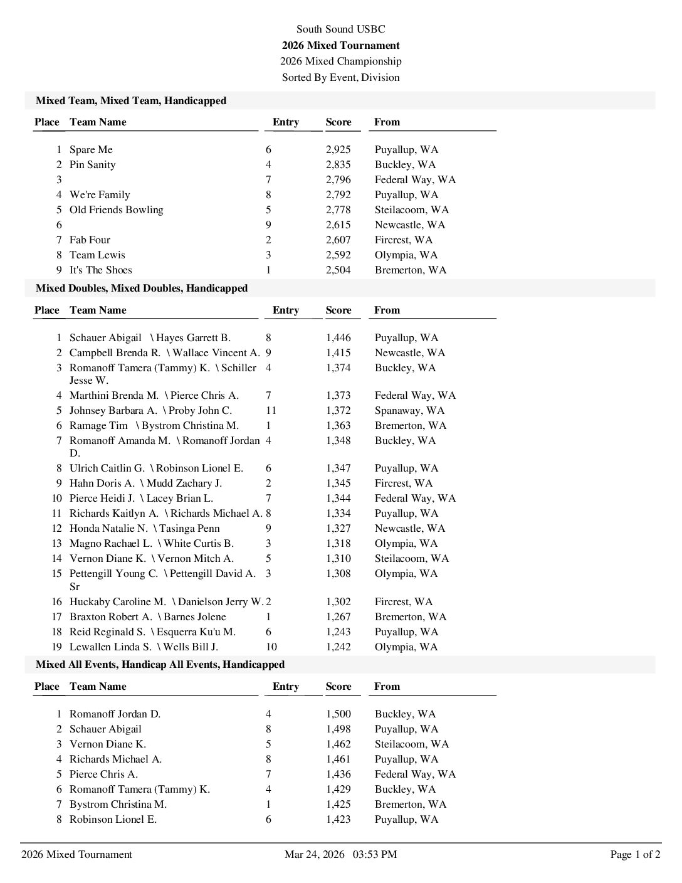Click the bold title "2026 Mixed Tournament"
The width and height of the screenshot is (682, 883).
(x=340, y=45)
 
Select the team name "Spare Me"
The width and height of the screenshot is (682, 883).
(x=91, y=149)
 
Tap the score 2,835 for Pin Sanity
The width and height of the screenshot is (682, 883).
(x=338, y=164)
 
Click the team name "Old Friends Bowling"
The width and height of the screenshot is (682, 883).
(x=116, y=209)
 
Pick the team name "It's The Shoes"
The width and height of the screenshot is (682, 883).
(x=100, y=270)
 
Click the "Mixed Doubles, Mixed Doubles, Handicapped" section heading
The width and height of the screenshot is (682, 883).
(x=142, y=288)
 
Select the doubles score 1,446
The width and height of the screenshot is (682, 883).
(x=338, y=337)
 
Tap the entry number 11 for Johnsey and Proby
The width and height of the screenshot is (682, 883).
(x=271, y=410)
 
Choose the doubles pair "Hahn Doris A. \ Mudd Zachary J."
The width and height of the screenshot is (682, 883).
(x=145, y=483)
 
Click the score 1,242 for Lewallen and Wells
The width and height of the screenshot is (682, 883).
(x=338, y=647)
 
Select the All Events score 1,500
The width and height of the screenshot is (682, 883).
(x=338, y=714)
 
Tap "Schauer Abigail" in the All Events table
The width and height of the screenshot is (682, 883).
(x=105, y=729)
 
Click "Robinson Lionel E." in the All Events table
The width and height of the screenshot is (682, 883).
(x=113, y=819)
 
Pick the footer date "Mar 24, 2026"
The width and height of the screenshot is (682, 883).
(x=314, y=854)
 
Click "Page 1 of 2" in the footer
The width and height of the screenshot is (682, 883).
(x=635, y=854)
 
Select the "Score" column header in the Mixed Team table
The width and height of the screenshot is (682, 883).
(x=338, y=122)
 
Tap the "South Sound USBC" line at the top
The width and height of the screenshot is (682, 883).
(x=340, y=29)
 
